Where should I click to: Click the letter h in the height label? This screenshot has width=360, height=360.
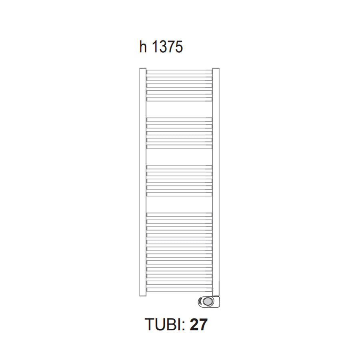point(143,47)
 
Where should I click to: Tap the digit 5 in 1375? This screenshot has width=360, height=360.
point(179,47)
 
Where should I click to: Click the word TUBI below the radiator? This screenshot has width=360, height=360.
point(163,325)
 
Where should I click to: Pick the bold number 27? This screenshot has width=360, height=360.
point(199,325)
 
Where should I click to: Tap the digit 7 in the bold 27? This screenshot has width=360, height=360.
point(204,325)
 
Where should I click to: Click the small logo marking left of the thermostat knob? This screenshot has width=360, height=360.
point(200,301)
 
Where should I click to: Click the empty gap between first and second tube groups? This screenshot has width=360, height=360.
point(179,109)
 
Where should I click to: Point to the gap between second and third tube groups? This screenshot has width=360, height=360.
point(179,157)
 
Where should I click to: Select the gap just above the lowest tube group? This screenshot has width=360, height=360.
point(179,204)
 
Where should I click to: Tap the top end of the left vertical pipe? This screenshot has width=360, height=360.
point(143,70)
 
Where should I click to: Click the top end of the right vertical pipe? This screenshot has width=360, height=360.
point(216,70)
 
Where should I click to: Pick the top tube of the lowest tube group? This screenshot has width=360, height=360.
point(179,214)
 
